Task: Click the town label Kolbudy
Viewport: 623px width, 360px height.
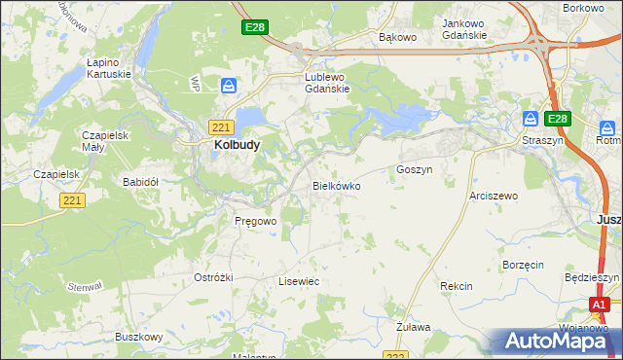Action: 236,145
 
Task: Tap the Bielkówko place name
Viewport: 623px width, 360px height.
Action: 336,185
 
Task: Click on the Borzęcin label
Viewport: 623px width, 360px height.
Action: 522,265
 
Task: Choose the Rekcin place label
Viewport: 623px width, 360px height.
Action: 456,286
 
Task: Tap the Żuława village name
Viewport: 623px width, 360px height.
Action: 414,327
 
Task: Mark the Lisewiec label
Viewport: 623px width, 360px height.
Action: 299,281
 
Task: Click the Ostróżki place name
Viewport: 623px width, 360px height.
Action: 213,277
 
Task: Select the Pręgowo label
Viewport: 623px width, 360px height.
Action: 256,221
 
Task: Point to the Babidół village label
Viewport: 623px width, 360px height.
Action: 140,181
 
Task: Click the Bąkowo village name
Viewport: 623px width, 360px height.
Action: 397,38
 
